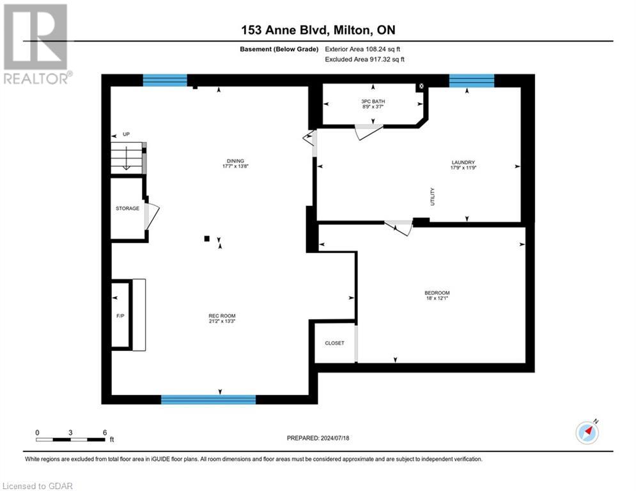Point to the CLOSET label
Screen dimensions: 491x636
(334, 343)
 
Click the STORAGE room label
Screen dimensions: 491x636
(127, 208)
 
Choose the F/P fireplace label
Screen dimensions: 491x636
(120, 299)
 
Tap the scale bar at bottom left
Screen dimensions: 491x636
(70, 439)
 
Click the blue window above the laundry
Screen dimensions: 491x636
(472, 81)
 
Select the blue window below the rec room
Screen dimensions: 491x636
(208, 400)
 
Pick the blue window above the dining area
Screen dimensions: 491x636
(165, 81)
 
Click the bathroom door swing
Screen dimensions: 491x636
(368, 132)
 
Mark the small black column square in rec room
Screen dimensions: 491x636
(206, 238)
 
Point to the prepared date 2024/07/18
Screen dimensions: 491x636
(318, 438)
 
